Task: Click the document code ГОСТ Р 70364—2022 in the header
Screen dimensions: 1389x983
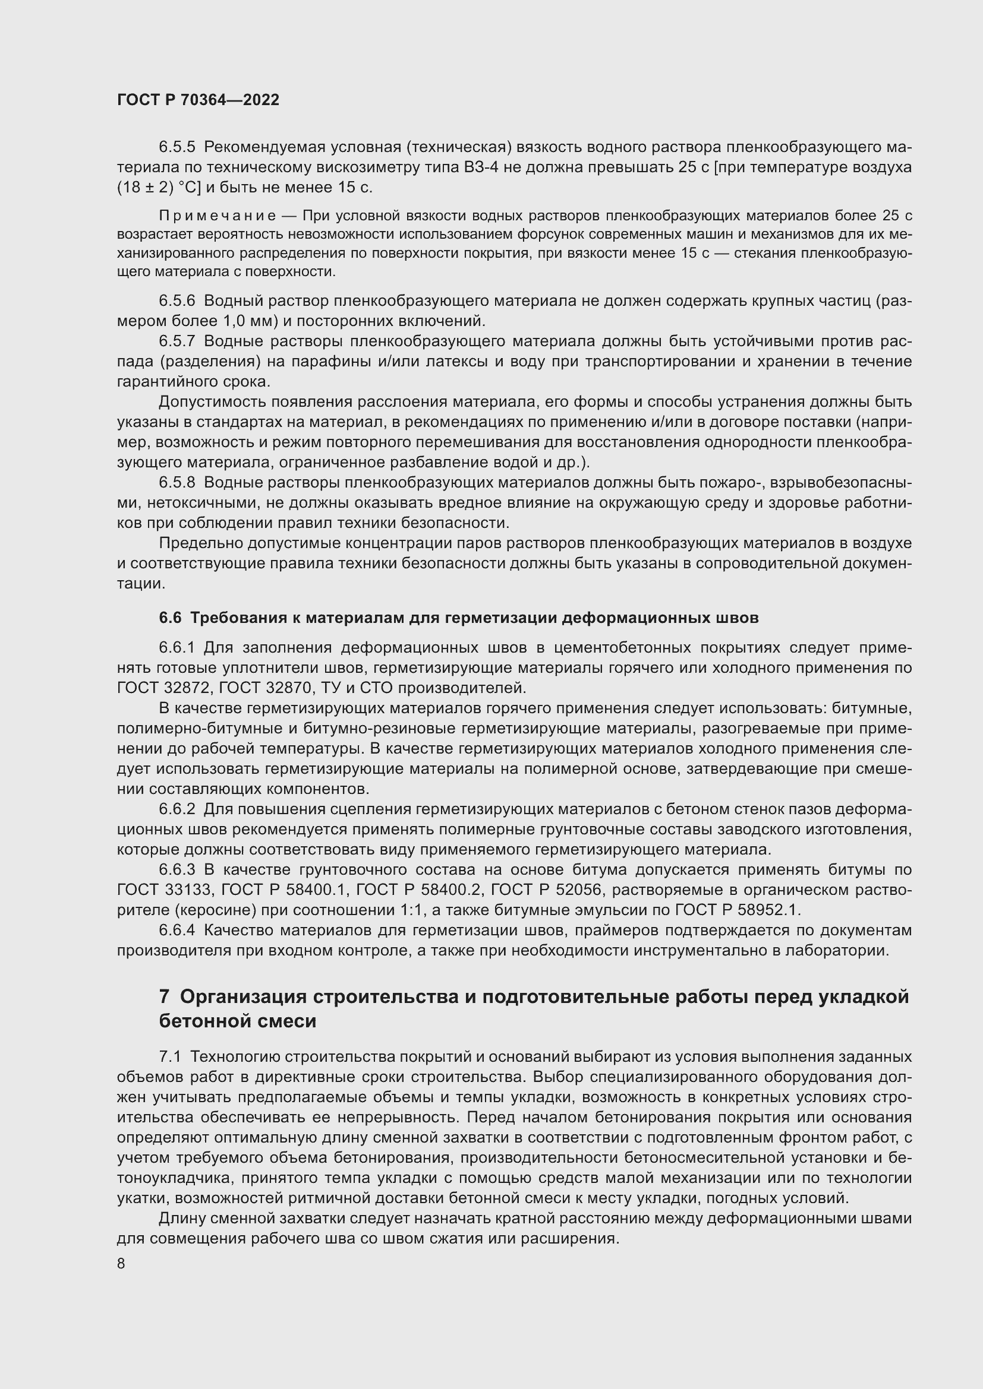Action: click(198, 100)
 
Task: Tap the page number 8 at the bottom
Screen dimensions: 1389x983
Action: click(121, 1263)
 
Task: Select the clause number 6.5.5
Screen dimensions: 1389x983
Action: click(177, 147)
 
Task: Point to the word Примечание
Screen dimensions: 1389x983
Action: click(218, 216)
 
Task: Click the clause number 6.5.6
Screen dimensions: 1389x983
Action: click(177, 300)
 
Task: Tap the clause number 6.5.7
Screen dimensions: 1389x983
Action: click(177, 341)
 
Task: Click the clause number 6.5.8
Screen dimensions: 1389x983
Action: click(177, 483)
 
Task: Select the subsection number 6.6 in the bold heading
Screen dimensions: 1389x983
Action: click(170, 618)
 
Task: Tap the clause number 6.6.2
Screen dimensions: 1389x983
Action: click(177, 809)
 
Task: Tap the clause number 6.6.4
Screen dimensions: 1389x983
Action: click(177, 930)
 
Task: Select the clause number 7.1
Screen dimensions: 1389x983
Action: click(170, 1057)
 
